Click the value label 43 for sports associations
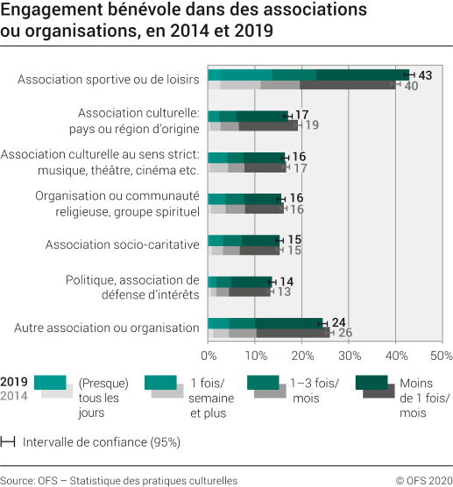click(x=425, y=75)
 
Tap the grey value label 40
click(x=411, y=86)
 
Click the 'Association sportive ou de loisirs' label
click(x=109, y=81)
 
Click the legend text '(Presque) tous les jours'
click(x=103, y=398)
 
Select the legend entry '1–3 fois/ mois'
click(x=316, y=390)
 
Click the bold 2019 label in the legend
click(x=14, y=382)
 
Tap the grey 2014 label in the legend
click(x=14, y=396)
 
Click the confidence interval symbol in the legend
click(x=8, y=441)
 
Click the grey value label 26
click(x=344, y=333)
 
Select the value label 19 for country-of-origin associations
click(x=311, y=126)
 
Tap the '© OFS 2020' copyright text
click(x=423, y=480)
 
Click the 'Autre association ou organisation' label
click(x=107, y=328)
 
